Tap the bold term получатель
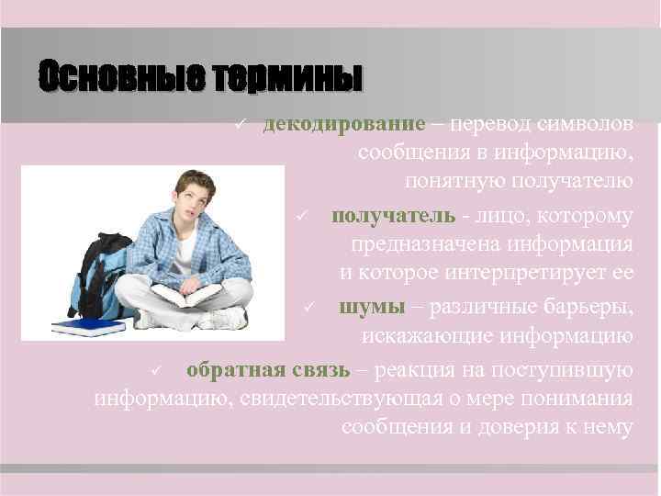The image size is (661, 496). click(393, 216)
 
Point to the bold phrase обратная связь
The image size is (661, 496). click(267, 370)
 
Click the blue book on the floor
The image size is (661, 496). click(87, 325)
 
